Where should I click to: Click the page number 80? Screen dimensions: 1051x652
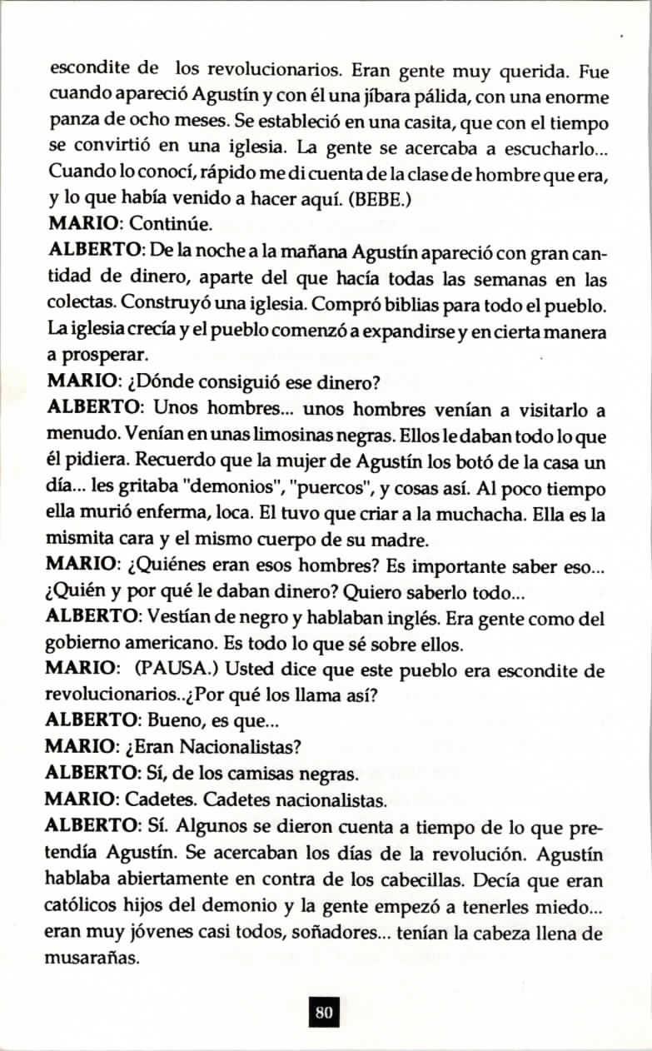325,1013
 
